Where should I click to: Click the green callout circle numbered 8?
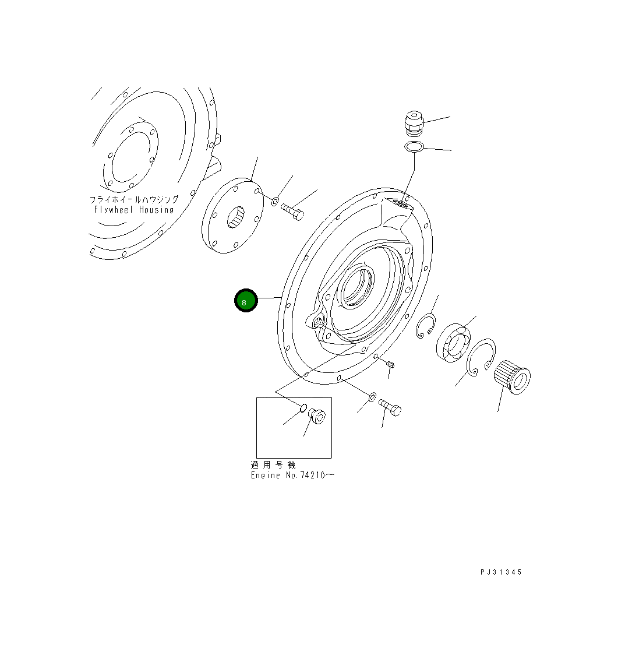[x=246, y=301]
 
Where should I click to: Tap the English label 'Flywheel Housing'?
[x=134, y=210]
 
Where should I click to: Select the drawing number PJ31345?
[x=501, y=572]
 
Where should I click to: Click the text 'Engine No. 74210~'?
[x=292, y=476]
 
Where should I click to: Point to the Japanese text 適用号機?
[x=273, y=465]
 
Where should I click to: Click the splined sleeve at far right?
[x=512, y=377]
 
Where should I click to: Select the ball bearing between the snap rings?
[x=453, y=343]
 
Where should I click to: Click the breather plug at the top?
[x=414, y=124]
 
